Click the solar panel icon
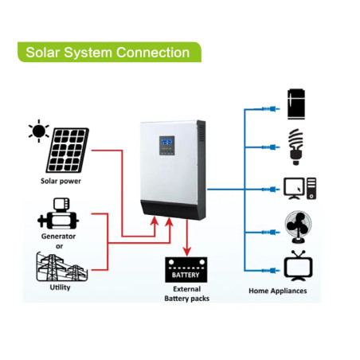coord(68,151)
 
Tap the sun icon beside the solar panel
coord(39,131)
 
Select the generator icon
coord(58,213)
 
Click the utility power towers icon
coord(62,267)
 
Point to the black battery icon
coord(186,269)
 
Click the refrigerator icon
coord(296,104)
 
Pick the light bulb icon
coord(295,147)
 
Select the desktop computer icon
coord(300,189)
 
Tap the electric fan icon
coord(298,227)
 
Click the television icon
coord(298,266)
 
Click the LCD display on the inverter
coord(166,141)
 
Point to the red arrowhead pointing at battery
coord(187,251)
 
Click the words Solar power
coord(61,181)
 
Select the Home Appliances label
coord(278,291)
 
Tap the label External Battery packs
coord(187,294)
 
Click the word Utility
coord(60,288)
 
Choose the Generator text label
coord(58,237)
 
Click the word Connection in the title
coord(153,53)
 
